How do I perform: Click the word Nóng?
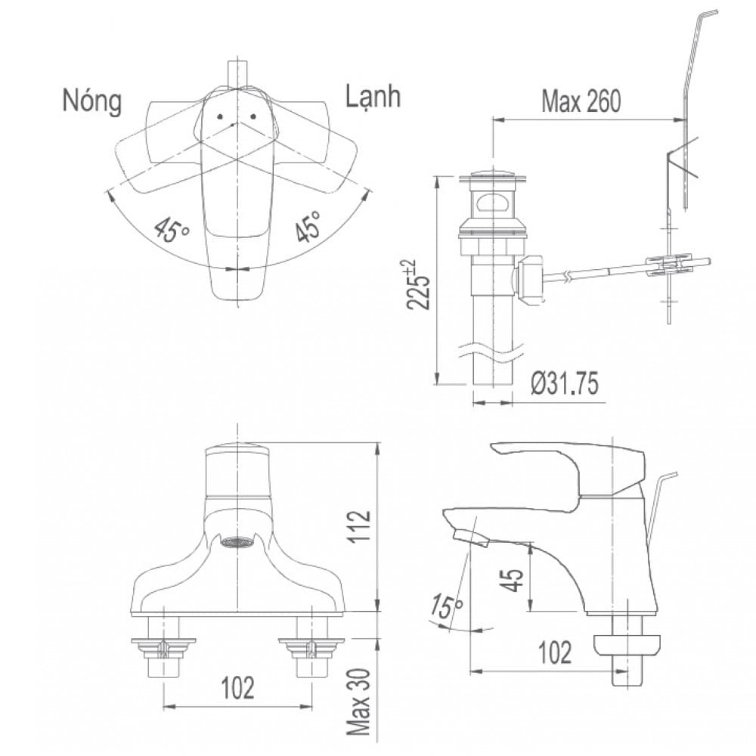tap(91, 101)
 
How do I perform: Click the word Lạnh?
tap(373, 98)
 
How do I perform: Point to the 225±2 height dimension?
tap(421, 284)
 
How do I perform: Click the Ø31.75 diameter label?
tap(563, 385)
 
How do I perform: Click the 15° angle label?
tap(447, 606)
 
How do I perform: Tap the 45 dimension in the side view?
tap(514, 580)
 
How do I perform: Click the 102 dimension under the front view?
tap(237, 688)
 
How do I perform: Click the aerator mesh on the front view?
tap(236, 541)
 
